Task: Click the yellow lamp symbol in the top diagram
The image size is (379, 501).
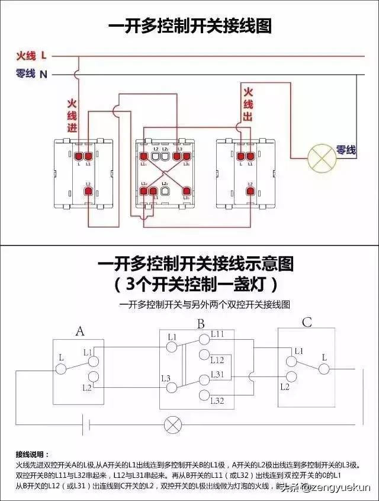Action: (x=322, y=158)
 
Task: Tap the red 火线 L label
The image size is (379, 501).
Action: (x=31, y=56)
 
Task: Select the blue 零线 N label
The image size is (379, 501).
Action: (x=31, y=74)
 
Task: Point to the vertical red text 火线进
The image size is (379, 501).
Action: (x=72, y=115)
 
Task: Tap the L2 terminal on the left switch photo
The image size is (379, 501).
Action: (x=88, y=191)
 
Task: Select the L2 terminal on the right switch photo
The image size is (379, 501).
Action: (x=250, y=191)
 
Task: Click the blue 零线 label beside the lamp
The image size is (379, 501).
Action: (x=346, y=151)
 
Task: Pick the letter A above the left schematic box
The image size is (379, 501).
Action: (x=79, y=331)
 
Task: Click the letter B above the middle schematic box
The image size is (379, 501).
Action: (x=201, y=324)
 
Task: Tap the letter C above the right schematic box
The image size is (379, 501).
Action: (x=307, y=323)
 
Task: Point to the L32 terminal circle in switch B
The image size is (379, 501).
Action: (x=204, y=395)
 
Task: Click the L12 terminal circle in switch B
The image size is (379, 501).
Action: (x=204, y=356)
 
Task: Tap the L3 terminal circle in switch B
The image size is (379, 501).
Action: (x=172, y=387)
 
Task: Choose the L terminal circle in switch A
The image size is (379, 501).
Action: (x=60, y=369)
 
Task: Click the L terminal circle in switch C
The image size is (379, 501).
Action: (x=323, y=369)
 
